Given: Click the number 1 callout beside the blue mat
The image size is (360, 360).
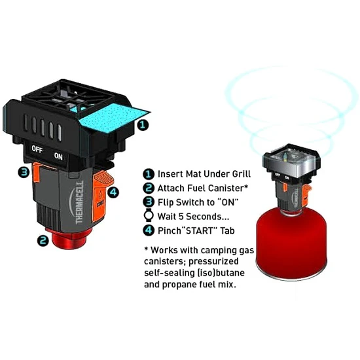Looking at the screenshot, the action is coord(143,125).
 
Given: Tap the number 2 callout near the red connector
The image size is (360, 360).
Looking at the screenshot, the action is coord(43,241).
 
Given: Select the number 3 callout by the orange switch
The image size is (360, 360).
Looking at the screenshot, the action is coord(24,172).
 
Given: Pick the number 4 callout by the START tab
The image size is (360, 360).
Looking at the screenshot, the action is coord(113,192).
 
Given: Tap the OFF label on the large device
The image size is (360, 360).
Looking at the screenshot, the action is coord(37,149).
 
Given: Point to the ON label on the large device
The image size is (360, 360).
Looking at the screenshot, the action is coord(58,156).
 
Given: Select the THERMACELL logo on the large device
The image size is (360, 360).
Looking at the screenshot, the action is coord(79,202).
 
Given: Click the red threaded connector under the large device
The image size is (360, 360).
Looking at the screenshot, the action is coord(69,238).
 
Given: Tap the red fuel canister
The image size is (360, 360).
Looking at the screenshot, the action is coord(291,243).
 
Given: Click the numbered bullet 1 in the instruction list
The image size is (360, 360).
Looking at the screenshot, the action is coord(149,174).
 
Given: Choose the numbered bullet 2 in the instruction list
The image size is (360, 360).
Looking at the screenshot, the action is coord(149,188).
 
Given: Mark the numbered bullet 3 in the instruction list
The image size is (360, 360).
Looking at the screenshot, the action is coord(149,202).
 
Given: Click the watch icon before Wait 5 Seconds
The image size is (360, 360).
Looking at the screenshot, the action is coord(149,216).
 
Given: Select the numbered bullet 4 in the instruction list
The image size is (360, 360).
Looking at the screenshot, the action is coord(149,230).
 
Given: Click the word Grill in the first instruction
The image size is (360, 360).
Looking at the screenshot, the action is coord(242,174).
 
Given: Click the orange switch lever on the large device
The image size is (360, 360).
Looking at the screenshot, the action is coord(36,171).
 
